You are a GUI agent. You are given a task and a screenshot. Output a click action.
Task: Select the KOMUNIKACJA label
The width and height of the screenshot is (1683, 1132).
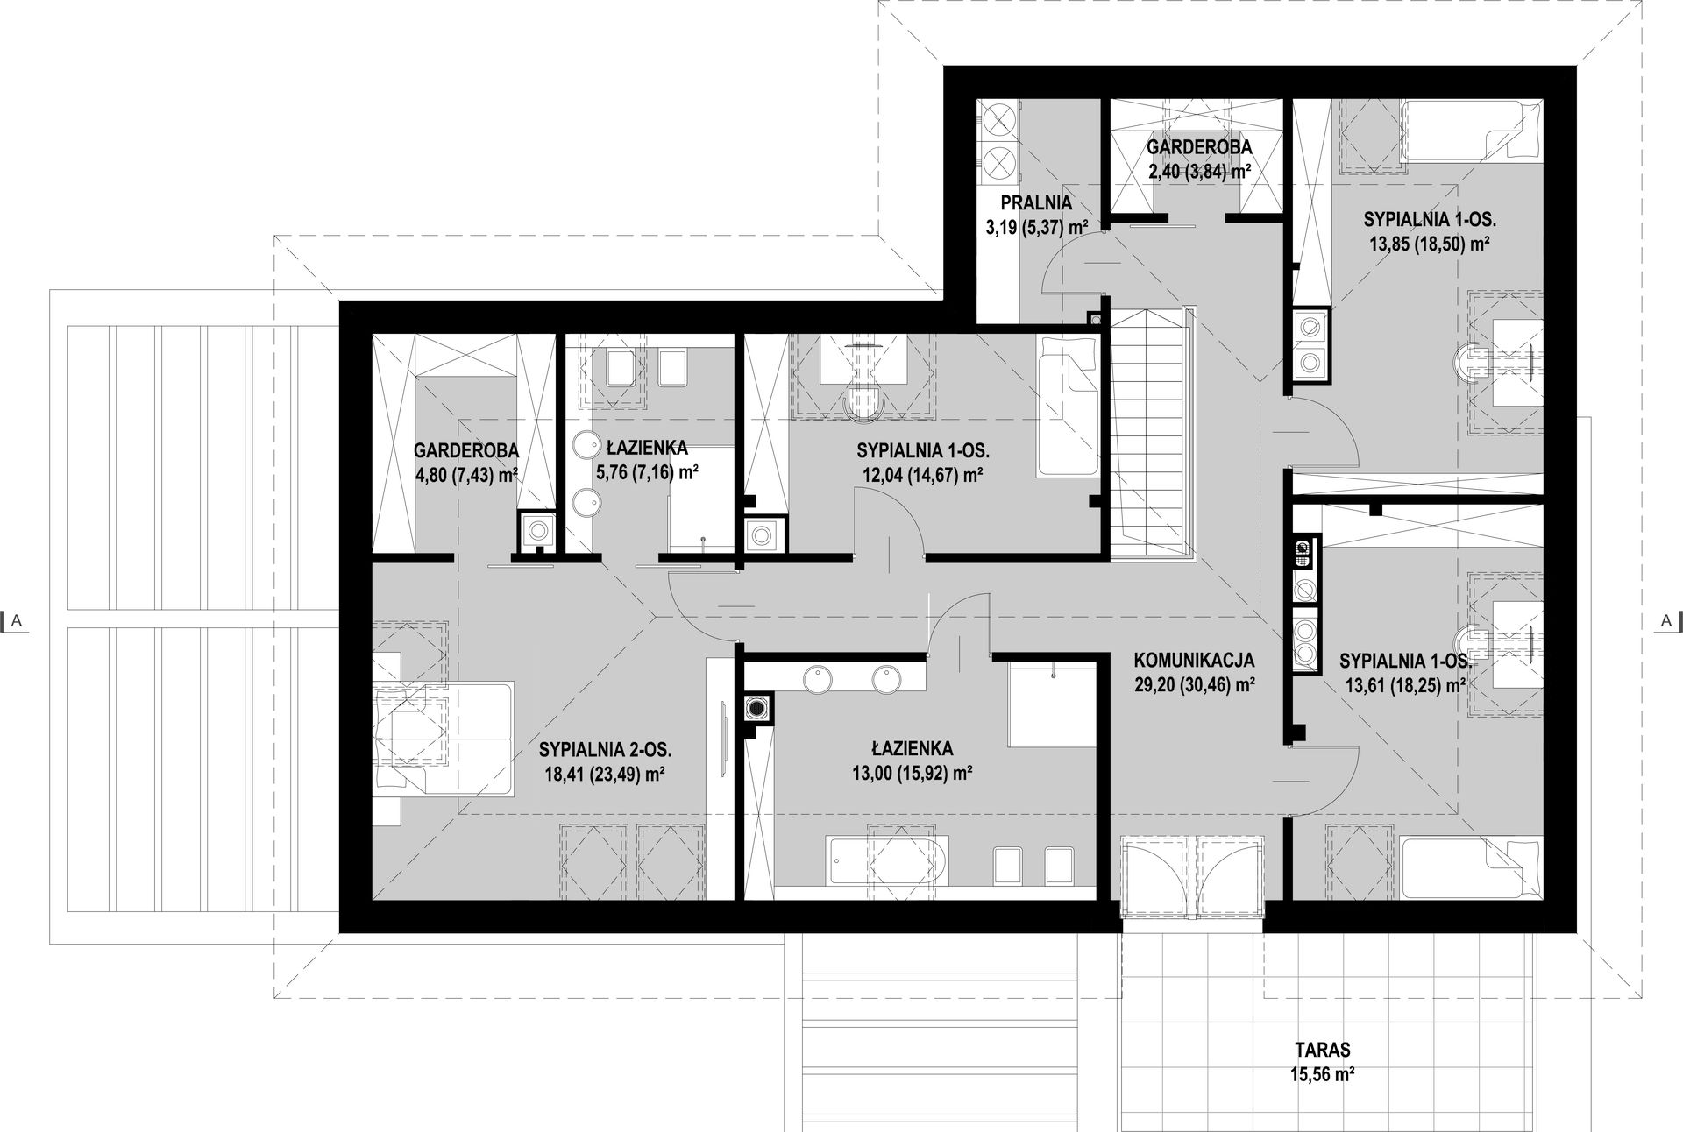point(1194,660)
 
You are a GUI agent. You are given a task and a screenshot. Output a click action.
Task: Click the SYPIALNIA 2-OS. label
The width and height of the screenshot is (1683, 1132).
point(606,749)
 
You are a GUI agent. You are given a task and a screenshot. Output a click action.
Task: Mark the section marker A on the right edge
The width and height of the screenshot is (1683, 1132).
point(1665,620)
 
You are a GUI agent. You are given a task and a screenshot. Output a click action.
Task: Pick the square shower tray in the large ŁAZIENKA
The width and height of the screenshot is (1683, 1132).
point(1053,704)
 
